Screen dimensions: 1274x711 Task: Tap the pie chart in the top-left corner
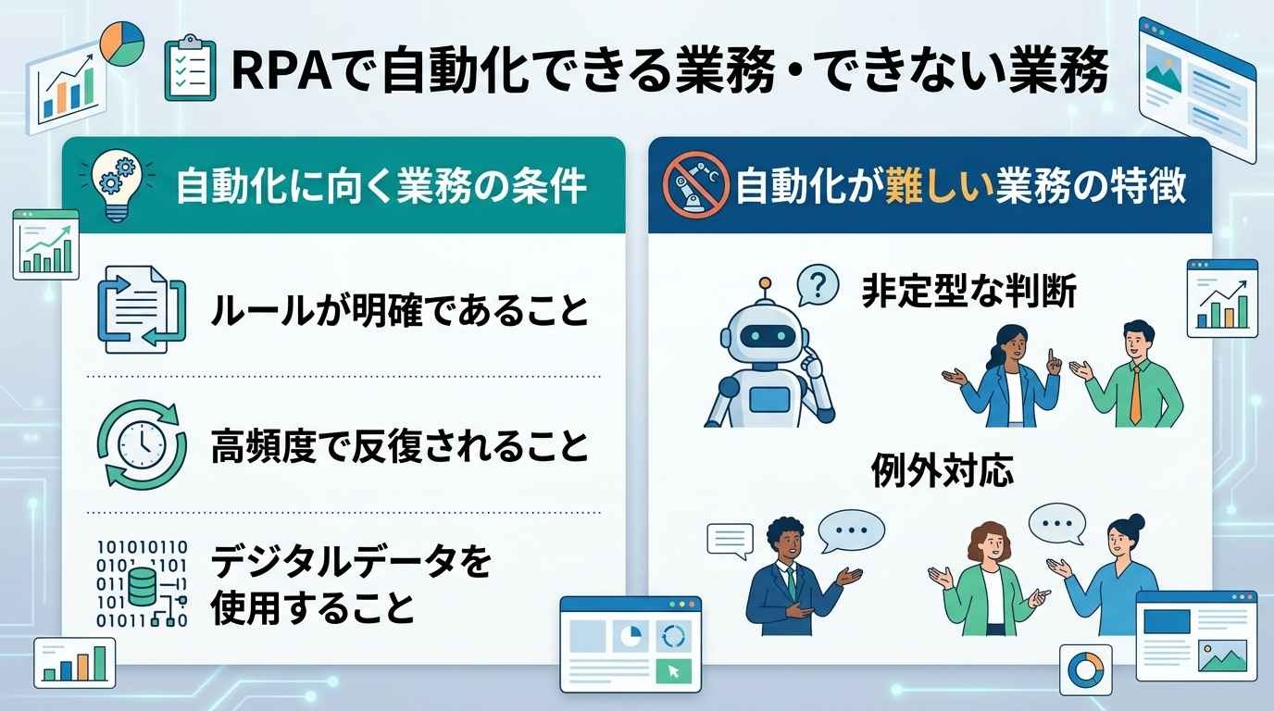click(122, 44)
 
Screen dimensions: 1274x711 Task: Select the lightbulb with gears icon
click(118, 184)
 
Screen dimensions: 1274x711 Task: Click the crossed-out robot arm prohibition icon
click(695, 185)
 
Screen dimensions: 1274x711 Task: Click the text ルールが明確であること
click(400, 310)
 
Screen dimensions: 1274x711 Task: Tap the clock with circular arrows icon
click(142, 444)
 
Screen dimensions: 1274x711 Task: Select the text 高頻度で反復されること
click(400, 446)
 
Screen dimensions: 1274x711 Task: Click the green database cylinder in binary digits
click(143, 587)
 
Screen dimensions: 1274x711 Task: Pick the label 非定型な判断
click(969, 292)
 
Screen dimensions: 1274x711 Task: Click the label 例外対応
click(943, 470)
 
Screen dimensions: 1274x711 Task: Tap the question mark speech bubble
click(818, 285)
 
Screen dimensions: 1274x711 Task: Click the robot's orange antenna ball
click(766, 282)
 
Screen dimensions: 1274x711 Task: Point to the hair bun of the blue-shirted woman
click(1136, 521)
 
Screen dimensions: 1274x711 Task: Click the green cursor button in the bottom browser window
click(673, 671)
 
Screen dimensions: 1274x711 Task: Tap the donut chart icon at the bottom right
click(1086, 669)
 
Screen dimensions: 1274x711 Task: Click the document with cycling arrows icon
click(142, 309)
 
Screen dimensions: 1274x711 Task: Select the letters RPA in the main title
click(281, 70)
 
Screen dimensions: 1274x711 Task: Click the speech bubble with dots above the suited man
click(851, 530)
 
